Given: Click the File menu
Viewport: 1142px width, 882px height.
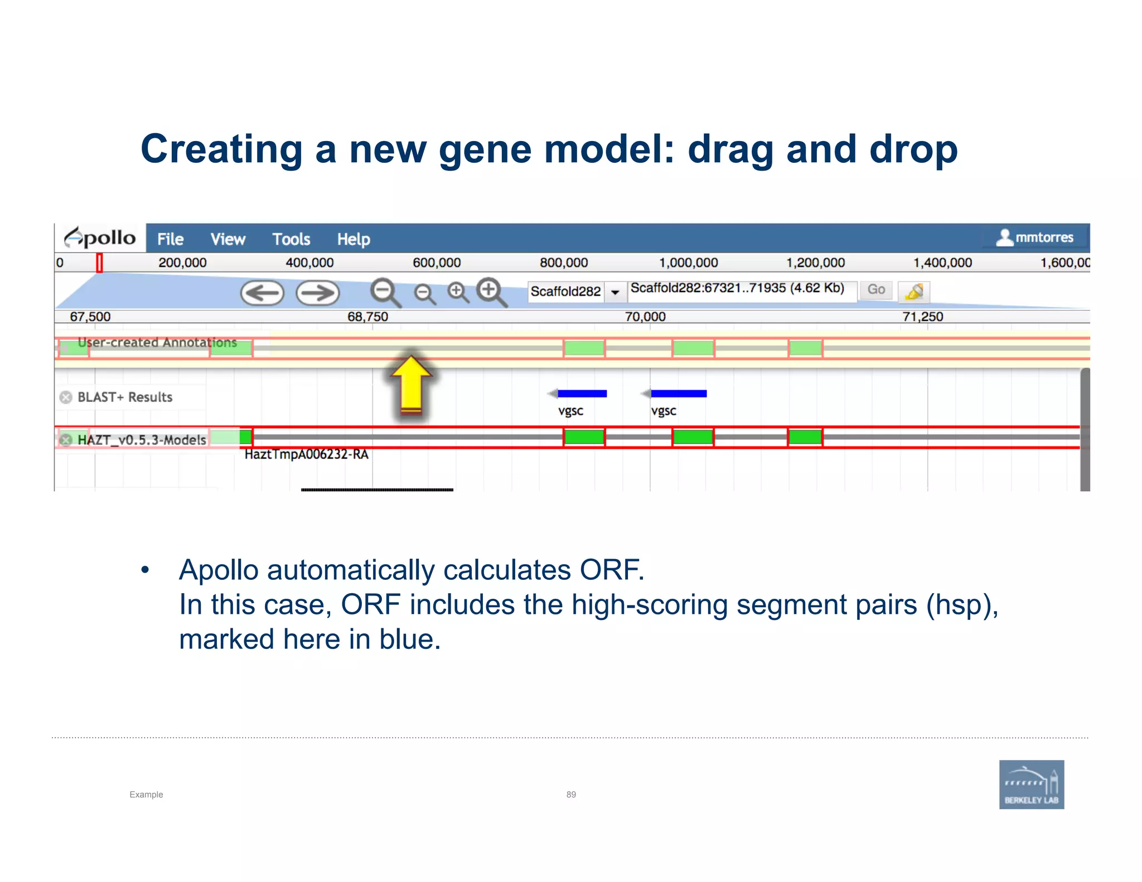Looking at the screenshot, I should [x=170, y=239].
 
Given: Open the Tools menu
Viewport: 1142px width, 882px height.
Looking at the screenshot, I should [x=291, y=239].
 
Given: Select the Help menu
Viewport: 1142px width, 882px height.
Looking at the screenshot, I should [x=354, y=239].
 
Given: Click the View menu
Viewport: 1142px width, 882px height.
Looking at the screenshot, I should [x=228, y=239].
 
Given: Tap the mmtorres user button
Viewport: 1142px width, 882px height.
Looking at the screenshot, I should [x=1035, y=238].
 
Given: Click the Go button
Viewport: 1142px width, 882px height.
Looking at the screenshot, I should [x=875, y=289].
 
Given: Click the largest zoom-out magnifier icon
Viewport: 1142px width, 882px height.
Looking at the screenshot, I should [x=385, y=292].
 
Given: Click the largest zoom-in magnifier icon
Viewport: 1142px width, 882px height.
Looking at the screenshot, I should [x=491, y=292].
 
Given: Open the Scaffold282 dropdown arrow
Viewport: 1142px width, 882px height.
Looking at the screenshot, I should [x=615, y=292].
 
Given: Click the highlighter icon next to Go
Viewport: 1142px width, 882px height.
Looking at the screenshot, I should [x=914, y=291].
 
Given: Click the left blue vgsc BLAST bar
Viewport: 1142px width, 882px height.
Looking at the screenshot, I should [x=582, y=394].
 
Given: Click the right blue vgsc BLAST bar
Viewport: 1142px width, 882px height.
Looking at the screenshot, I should [x=678, y=394].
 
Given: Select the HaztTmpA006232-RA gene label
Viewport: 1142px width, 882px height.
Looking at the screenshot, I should [x=306, y=454].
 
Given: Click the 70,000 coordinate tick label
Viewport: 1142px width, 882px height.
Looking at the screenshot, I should [x=645, y=317].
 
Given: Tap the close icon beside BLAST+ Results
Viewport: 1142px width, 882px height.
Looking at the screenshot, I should [x=66, y=397].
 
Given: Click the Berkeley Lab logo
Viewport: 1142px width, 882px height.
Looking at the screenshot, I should [x=1031, y=784].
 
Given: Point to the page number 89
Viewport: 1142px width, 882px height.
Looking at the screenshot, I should [x=571, y=794].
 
